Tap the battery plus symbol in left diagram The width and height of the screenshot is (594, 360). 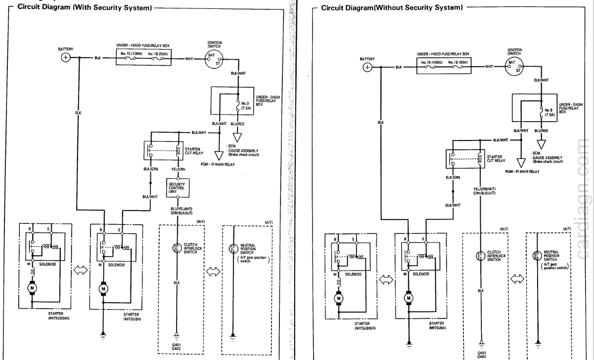click(65, 58)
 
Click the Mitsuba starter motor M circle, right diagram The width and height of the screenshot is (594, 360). click(409, 298)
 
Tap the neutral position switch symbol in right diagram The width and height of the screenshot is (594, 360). click(536, 256)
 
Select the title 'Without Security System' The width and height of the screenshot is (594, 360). click(393, 8)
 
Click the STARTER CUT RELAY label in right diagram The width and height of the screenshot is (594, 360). click(496, 158)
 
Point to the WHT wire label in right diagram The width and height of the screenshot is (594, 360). click(489, 66)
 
